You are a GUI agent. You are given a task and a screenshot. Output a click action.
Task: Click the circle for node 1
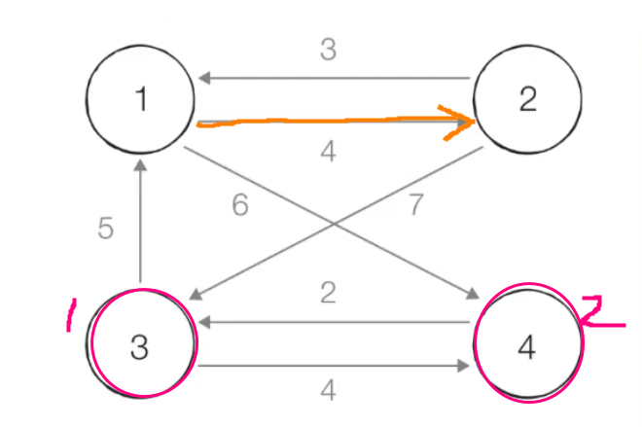tap(141, 100)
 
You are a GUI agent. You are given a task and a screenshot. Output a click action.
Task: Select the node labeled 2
tap(527, 100)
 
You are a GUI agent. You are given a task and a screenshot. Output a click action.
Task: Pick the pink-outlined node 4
tap(527, 347)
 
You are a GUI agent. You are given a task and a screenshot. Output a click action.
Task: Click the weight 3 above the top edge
tap(329, 51)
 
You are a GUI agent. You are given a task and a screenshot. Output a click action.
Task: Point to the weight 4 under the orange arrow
tap(329, 153)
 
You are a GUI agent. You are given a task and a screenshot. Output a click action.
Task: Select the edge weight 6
tap(240, 205)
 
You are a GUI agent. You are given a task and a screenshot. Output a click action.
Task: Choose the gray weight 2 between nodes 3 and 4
tap(329, 293)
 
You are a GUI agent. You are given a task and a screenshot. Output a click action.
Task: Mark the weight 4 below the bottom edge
tap(329, 391)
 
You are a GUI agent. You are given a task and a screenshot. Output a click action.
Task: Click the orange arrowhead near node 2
tap(463, 123)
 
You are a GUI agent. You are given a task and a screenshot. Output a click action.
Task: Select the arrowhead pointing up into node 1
tap(141, 167)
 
